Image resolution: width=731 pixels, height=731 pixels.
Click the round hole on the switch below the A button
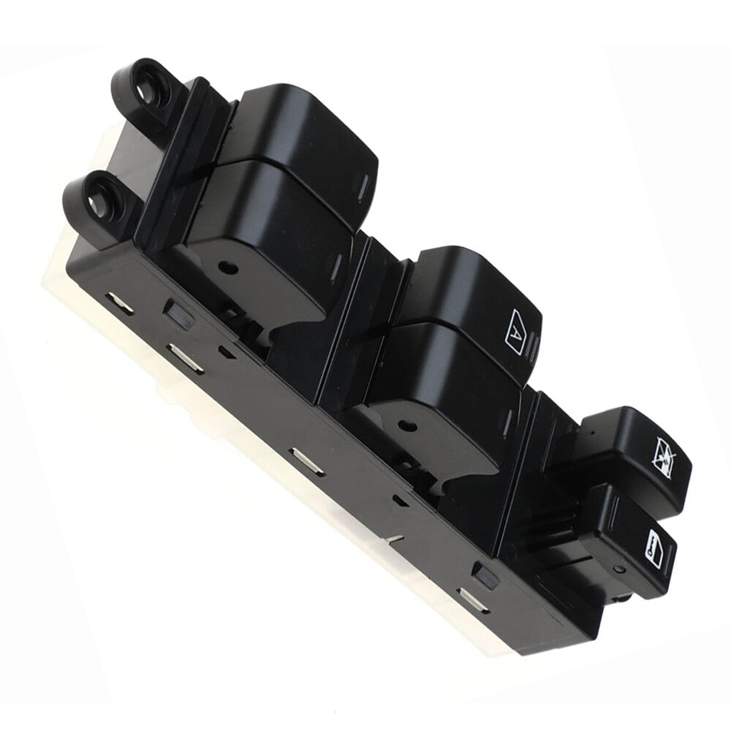409,425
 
